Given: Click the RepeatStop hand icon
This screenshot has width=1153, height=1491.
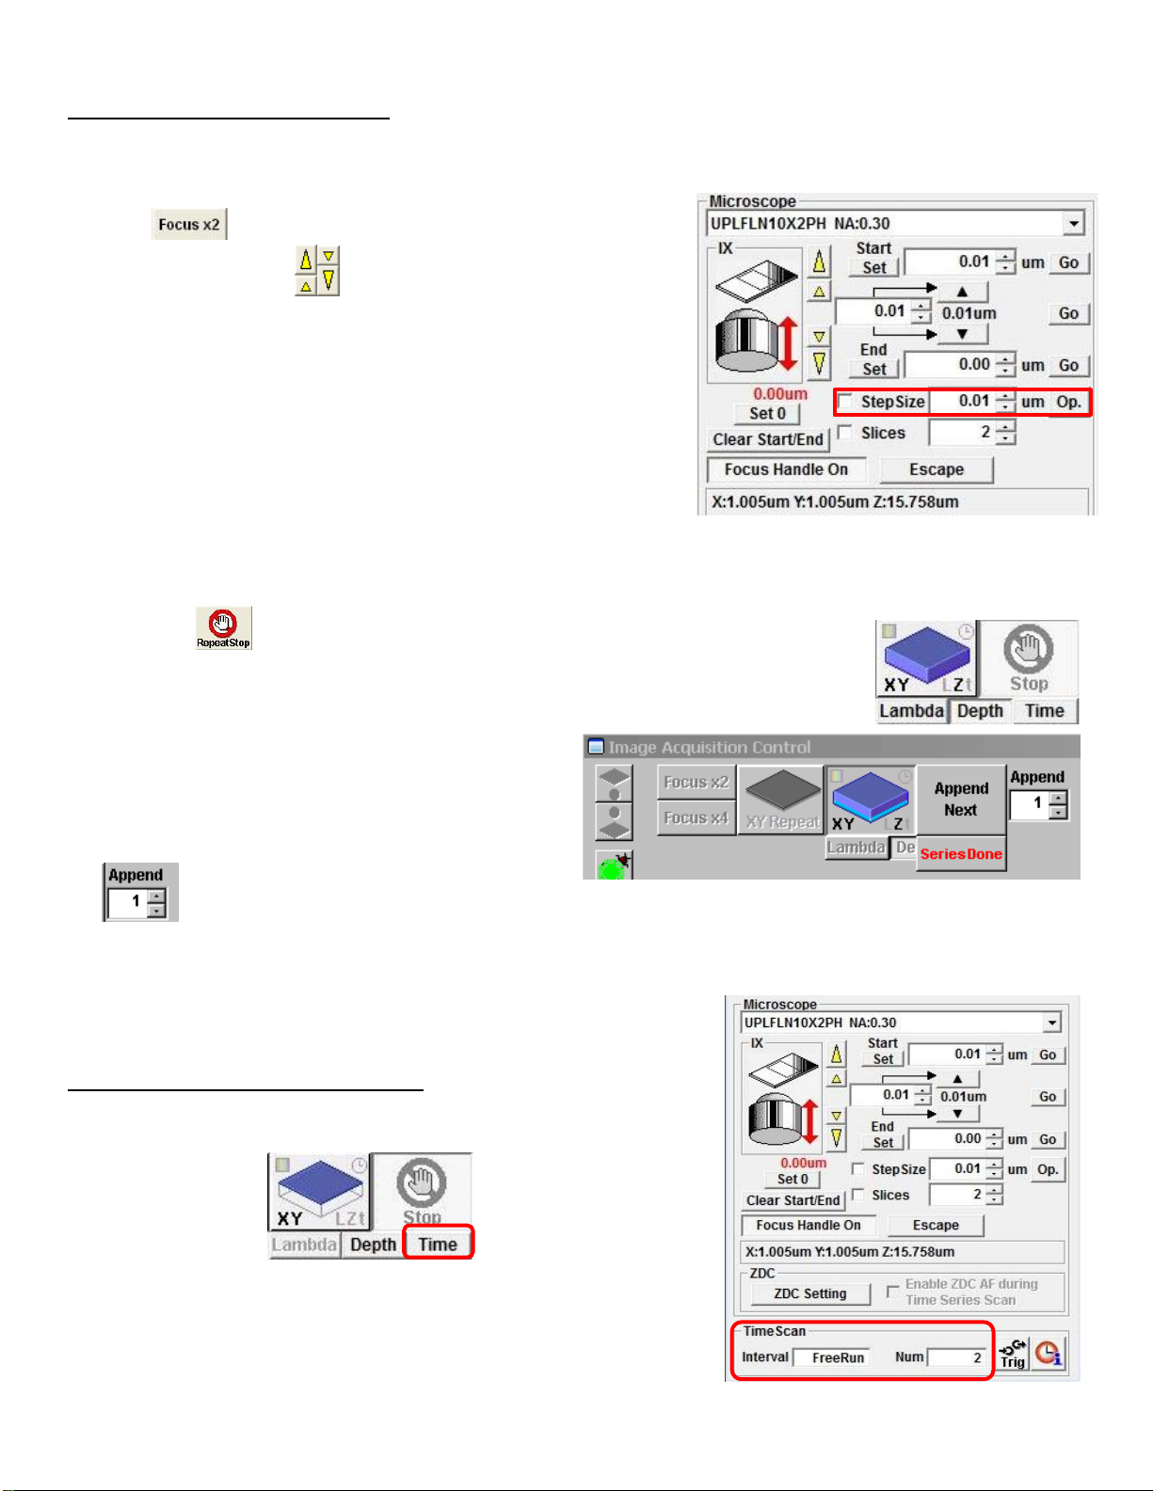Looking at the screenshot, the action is [223, 627].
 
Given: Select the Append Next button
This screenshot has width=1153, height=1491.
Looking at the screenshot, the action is [961, 800].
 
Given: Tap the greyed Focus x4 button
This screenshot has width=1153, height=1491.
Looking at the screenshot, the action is [696, 818].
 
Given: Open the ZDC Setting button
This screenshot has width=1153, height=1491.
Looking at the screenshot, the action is [809, 1293].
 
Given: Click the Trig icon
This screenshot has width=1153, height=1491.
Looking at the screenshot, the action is [1013, 1355].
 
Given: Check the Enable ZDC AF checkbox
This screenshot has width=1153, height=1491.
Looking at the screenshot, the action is [893, 1292].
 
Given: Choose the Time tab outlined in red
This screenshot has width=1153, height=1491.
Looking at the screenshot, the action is [438, 1244].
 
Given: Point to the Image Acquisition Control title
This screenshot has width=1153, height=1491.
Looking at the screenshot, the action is [709, 747].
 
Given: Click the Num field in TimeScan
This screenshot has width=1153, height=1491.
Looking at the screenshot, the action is [957, 1357].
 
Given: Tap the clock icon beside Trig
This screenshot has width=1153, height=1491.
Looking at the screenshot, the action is [1048, 1355].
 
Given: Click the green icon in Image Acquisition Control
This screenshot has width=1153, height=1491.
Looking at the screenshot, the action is [613, 866].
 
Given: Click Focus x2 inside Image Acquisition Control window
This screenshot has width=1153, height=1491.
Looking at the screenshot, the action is [696, 782].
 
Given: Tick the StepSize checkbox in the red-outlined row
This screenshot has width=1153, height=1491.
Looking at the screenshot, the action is [846, 402].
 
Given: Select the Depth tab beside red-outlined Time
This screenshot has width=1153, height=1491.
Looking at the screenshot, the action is [373, 1245].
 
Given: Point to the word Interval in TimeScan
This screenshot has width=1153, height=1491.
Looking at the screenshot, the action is [765, 1356].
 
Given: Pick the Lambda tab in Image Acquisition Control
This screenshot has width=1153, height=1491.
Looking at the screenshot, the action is [856, 848].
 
